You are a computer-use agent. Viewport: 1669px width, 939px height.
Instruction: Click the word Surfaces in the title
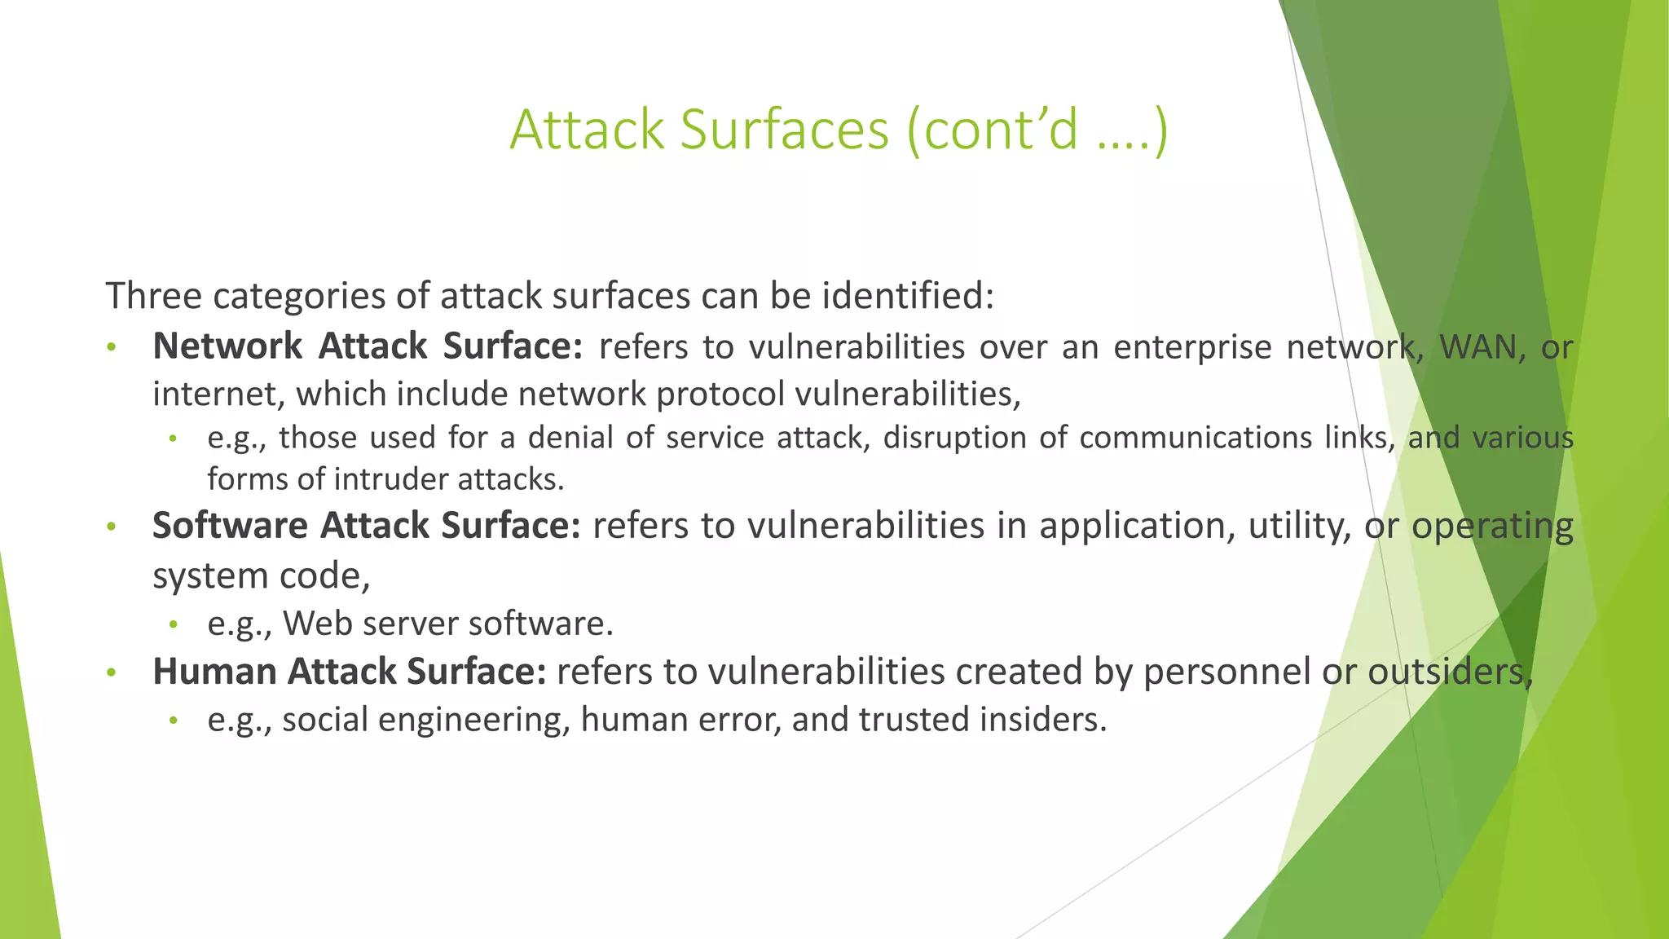tap(783, 130)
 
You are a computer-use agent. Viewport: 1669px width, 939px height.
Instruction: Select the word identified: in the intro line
tap(908, 296)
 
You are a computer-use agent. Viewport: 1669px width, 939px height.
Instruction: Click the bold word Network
tap(227, 346)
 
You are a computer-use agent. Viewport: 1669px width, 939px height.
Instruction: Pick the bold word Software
tap(230, 526)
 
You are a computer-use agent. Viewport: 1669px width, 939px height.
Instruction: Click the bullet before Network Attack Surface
tap(112, 348)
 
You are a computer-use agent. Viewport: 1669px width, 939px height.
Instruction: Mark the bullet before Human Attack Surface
tap(112, 673)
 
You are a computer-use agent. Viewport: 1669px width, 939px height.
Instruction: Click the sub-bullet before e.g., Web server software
tap(173, 625)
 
